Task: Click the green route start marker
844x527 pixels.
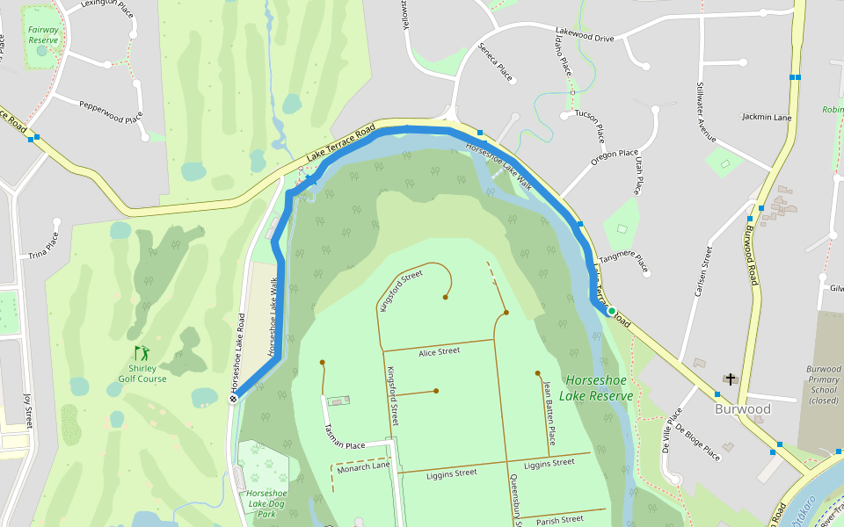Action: (x=611, y=311)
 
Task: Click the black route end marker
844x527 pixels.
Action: (x=234, y=399)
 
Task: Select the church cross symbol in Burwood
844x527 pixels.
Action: (x=730, y=379)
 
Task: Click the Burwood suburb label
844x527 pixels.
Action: (x=742, y=409)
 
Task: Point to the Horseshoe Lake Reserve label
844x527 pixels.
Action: (x=599, y=388)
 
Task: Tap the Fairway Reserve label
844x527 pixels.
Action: (x=43, y=34)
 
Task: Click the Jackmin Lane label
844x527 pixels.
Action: (x=767, y=117)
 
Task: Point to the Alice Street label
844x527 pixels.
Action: (x=439, y=351)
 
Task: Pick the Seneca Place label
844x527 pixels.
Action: (x=495, y=61)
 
